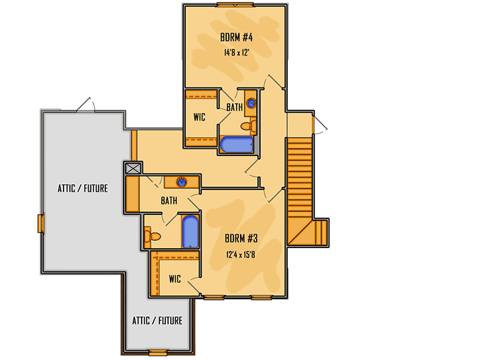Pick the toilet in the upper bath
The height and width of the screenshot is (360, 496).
point(247,126)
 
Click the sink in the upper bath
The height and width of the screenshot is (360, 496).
point(251,103)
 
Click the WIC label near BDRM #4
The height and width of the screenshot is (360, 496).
point(200,117)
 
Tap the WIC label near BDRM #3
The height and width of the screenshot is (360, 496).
point(175,279)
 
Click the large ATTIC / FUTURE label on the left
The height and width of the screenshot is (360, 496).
point(82,189)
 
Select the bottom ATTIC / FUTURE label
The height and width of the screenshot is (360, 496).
point(157,321)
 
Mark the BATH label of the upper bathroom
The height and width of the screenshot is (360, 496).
point(234,107)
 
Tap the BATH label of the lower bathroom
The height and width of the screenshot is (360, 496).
point(168,201)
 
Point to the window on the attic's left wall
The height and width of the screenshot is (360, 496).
point(41,224)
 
